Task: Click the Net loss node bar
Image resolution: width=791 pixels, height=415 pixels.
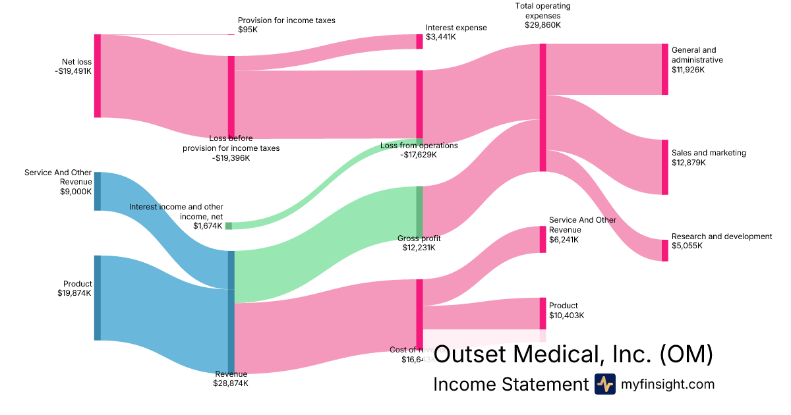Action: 98,76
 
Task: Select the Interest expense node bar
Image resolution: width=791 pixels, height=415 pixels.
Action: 419,41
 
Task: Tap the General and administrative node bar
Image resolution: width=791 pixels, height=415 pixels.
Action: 664,69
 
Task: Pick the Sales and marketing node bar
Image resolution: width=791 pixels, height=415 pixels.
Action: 664,167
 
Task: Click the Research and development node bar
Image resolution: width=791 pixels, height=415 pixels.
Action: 664,250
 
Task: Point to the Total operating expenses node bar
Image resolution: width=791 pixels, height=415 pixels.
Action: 543,107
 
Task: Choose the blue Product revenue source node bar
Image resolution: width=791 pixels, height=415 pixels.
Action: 98,298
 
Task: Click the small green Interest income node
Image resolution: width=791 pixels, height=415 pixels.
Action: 229,226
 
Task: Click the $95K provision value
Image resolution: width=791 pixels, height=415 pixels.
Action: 248,30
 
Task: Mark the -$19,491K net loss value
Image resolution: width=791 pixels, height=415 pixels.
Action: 73,72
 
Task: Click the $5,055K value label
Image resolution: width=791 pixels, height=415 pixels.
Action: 687,246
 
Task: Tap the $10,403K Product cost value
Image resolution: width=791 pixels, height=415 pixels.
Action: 566,316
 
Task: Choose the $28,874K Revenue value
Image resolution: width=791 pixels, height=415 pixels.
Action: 231,383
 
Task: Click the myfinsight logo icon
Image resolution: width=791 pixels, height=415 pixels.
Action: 604,384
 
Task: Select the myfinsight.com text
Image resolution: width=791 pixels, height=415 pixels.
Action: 668,384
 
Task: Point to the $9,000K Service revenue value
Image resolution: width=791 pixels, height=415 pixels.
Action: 76,192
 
